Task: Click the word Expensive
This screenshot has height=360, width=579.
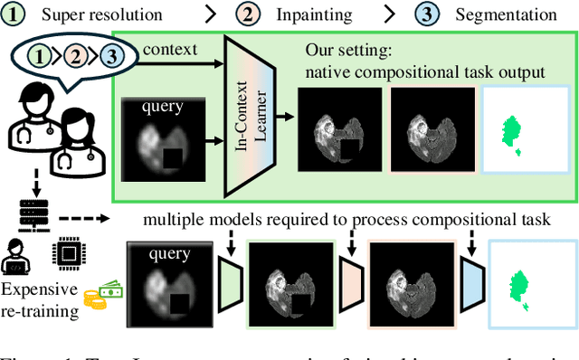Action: pyautogui.click(x=42, y=289)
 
